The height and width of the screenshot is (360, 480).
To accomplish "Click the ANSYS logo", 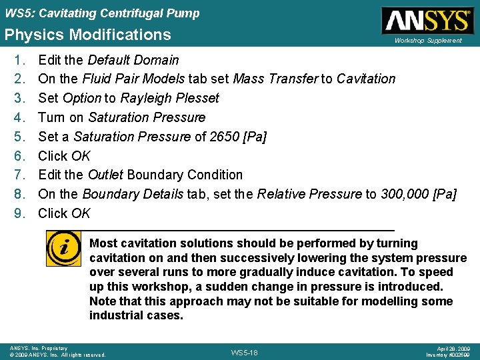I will [x=426, y=20].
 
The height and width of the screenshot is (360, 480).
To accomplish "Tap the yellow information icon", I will [x=64, y=249].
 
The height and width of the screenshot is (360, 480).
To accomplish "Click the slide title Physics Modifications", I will [x=87, y=35].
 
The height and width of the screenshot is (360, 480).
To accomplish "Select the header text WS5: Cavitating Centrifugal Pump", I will [x=101, y=13].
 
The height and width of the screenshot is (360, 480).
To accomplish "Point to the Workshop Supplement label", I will [x=427, y=41].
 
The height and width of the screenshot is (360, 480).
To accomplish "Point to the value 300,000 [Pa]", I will [x=418, y=194].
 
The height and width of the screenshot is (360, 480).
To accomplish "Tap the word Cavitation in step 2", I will [x=366, y=79].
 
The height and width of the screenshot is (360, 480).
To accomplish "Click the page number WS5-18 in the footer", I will [x=243, y=351].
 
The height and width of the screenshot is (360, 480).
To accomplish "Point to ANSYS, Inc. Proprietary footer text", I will [x=38, y=348].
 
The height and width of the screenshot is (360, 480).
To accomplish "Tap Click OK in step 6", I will [x=64, y=156].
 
